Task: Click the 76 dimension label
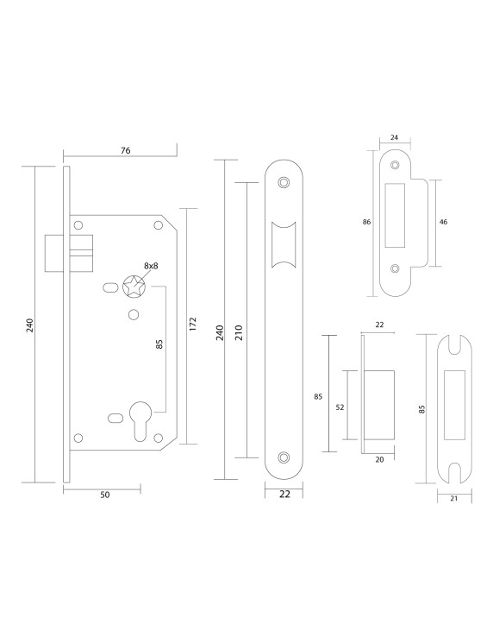(125, 150)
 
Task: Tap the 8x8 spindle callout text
(151, 266)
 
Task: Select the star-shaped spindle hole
(134, 287)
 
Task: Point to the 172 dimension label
(193, 325)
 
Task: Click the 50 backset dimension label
(104, 495)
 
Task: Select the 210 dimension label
(239, 332)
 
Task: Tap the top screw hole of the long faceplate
(284, 182)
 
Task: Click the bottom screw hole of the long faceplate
(284, 457)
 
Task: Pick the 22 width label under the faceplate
(284, 494)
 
